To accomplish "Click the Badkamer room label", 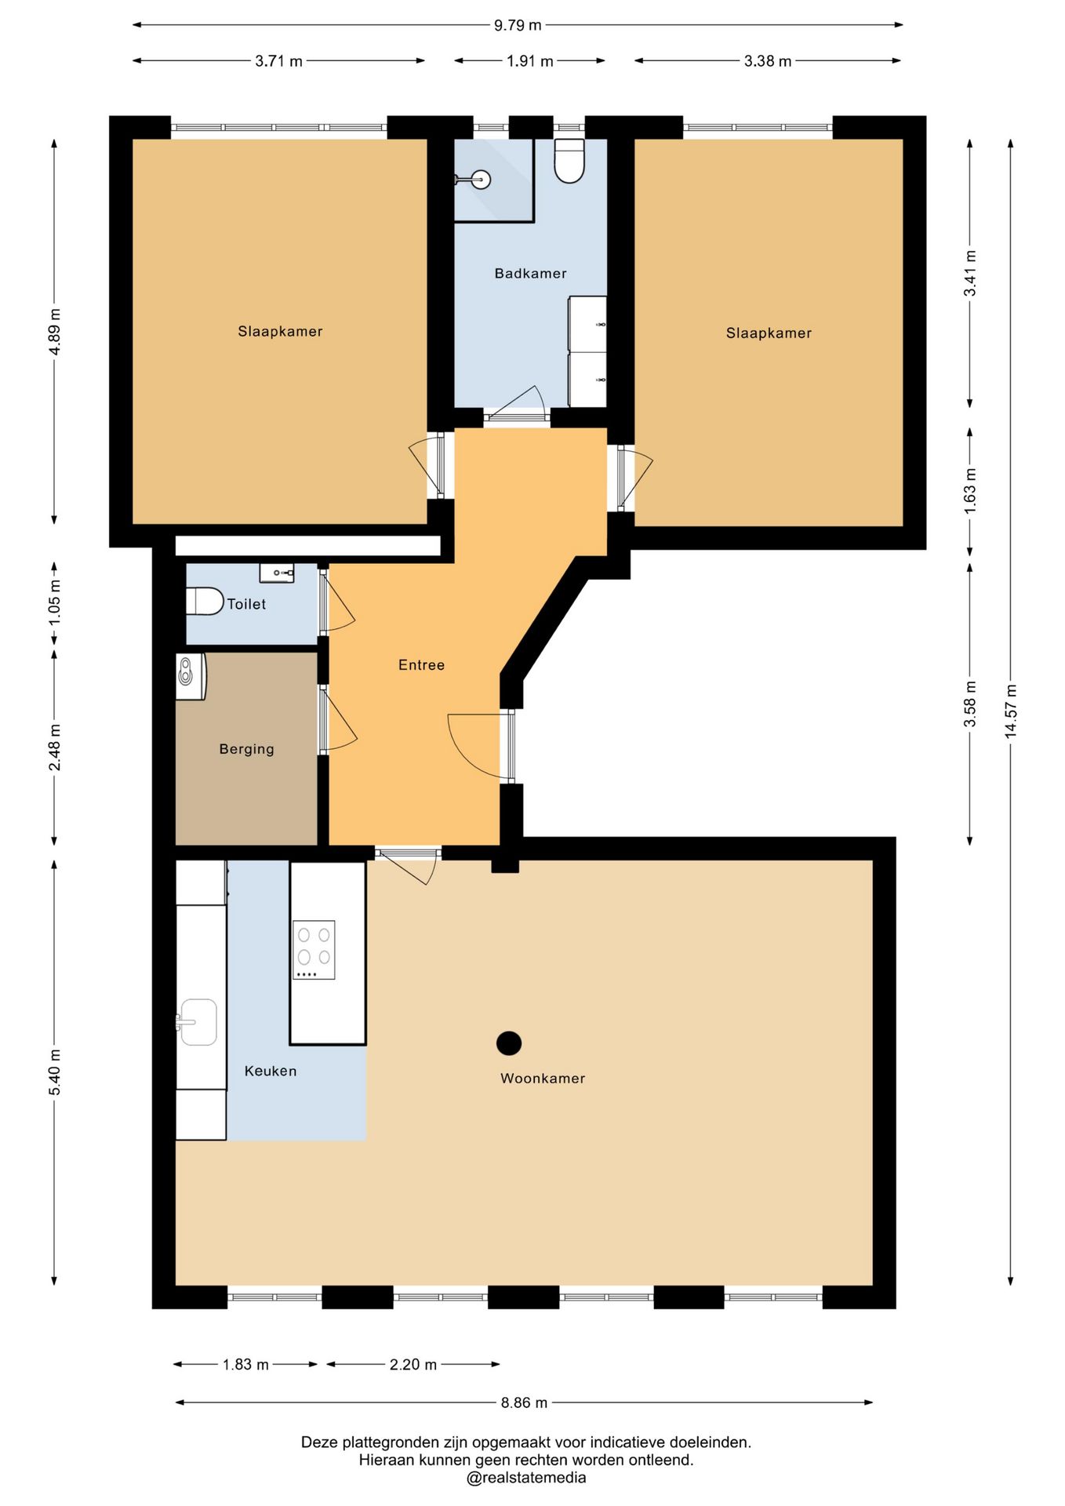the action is pyautogui.click(x=530, y=273).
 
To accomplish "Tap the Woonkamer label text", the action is pyautogui.click(x=543, y=1078).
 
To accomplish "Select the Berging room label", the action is pyautogui.click(x=247, y=749).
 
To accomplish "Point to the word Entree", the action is pyautogui.click(x=421, y=665).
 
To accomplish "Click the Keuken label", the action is pyautogui.click(x=271, y=1071).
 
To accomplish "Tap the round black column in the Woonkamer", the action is pyautogui.click(x=509, y=1042).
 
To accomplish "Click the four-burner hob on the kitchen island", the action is pyautogui.click(x=314, y=950).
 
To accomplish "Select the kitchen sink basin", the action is pyautogui.click(x=198, y=1022).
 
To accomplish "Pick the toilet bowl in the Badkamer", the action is pyautogui.click(x=569, y=161).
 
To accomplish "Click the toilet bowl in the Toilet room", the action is pyautogui.click(x=205, y=602).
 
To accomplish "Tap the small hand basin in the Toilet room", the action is pyautogui.click(x=277, y=573).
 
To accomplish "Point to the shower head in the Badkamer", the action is pyautogui.click(x=481, y=180).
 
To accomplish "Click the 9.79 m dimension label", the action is pyautogui.click(x=518, y=25).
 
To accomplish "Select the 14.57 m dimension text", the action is pyautogui.click(x=1011, y=711).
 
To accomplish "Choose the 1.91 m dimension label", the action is pyautogui.click(x=530, y=61).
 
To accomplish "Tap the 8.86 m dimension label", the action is pyautogui.click(x=524, y=1402).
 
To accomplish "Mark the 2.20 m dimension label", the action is pyautogui.click(x=413, y=1365).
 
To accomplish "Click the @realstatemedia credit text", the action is pyautogui.click(x=526, y=1478).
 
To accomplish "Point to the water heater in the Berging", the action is pyautogui.click(x=191, y=676).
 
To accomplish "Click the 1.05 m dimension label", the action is pyautogui.click(x=54, y=602).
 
